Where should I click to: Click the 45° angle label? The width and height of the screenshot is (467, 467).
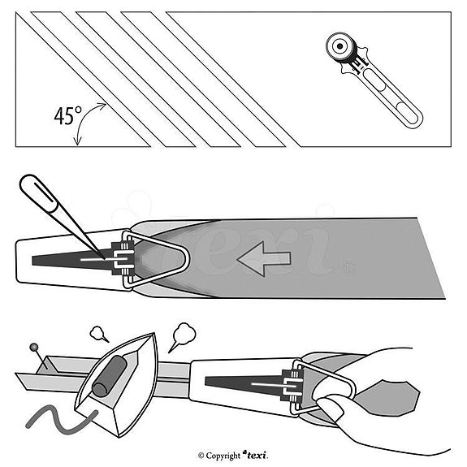pos(68,115)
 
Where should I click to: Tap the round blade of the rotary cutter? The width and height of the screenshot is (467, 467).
pos(340,46)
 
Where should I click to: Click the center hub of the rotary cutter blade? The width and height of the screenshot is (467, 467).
pos(339,45)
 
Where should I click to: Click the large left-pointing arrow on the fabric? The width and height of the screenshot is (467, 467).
pos(264,258)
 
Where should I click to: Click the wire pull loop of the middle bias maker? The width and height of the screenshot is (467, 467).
pos(158,259)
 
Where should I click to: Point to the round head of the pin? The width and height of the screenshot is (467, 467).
pos(33,347)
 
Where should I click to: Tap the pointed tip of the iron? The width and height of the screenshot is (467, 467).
pos(154,334)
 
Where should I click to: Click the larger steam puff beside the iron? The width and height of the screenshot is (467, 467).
pos(184,335)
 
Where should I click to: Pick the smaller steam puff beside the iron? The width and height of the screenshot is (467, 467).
pos(98,333)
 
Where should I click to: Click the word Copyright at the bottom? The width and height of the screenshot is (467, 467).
pos(223,456)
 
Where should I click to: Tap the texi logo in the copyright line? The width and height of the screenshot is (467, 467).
pos(256,455)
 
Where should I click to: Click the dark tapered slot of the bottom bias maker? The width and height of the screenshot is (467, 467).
pos(244,385)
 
